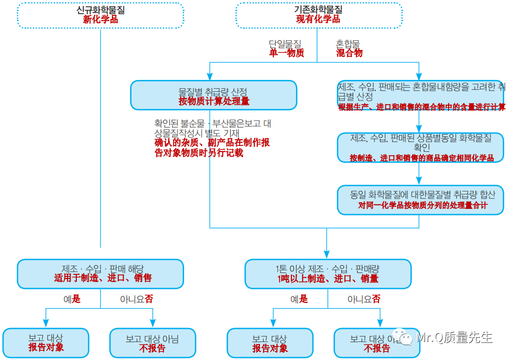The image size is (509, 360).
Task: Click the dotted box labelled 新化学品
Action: pyautogui.click(x=100, y=15)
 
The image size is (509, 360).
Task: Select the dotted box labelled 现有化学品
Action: pyautogui.click(x=318, y=15)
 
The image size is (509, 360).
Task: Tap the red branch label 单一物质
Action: pyautogui.click(x=286, y=53)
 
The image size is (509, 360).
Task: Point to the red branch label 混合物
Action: pyautogui.click(x=349, y=53)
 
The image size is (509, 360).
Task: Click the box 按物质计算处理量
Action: pyautogui.click(x=214, y=95)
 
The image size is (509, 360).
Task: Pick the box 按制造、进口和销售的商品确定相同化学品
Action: pyautogui.click(x=420, y=148)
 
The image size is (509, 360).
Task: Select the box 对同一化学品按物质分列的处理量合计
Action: pyautogui.click(x=420, y=200)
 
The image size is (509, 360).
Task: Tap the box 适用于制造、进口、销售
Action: pyautogui.click(x=100, y=273)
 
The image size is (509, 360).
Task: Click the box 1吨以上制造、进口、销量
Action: pyautogui.click(x=327, y=273)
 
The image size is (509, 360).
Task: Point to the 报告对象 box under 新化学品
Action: pyautogui.click(x=46, y=343)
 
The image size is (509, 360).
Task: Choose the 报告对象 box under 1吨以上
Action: pyautogui.click(x=270, y=343)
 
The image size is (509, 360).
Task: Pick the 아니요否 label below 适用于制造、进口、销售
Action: pyautogui.click(x=137, y=299)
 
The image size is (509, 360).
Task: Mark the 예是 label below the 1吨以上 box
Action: pyautogui.click(x=299, y=299)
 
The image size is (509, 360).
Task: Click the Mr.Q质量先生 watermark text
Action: pyautogui.click(x=454, y=338)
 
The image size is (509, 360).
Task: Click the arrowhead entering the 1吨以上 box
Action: pyautogui.click(x=327, y=255)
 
